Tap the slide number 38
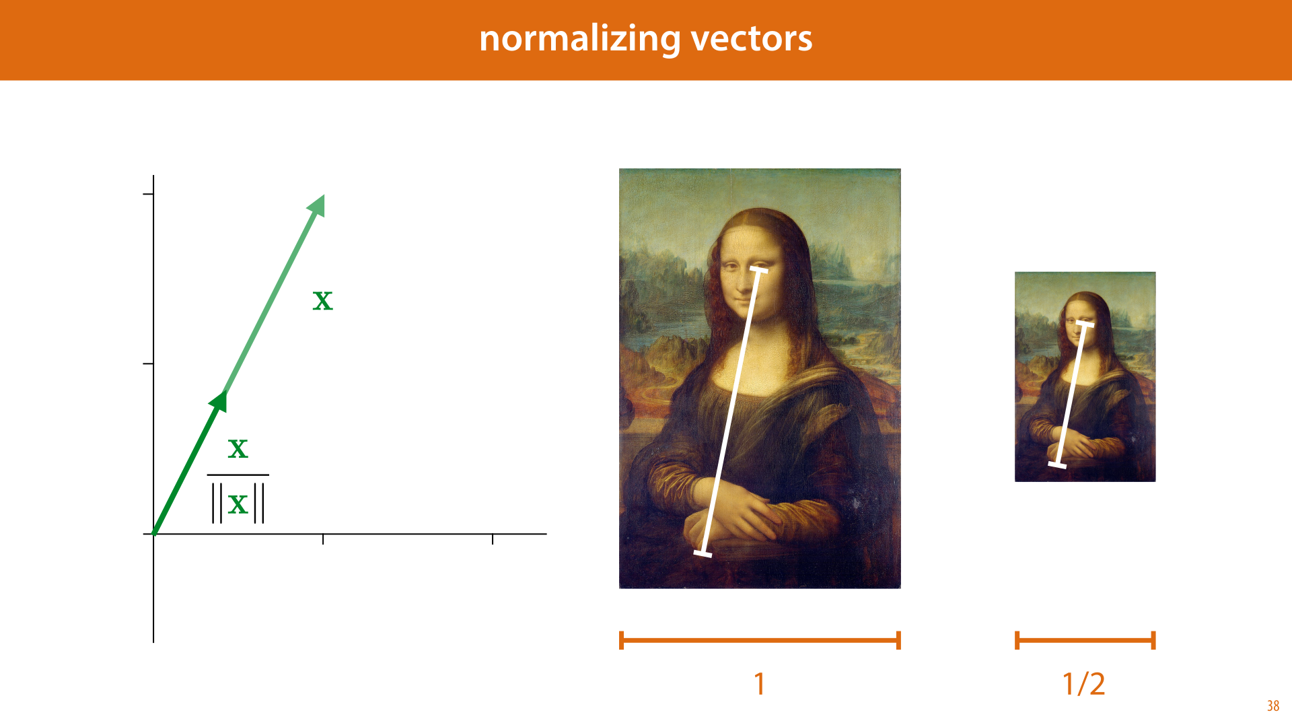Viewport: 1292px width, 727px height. pos(1273,705)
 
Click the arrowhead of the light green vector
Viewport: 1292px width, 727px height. pos(317,205)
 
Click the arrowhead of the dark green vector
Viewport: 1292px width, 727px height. pos(219,401)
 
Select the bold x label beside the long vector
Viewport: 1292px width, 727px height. pos(323,301)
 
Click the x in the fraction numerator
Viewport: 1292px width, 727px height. pos(238,449)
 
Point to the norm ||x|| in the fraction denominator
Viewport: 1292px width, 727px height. pos(238,504)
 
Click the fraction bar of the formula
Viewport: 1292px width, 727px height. pos(238,475)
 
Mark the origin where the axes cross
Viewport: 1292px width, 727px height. pos(153,534)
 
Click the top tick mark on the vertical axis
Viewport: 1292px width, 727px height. pos(148,194)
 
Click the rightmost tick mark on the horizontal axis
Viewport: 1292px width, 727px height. pos(493,539)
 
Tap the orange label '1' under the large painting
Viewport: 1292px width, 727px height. pos(760,684)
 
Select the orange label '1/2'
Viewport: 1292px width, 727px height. pos(1084,684)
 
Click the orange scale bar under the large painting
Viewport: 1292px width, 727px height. pos(760,640)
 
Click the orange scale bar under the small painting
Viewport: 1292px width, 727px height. pos(1085,640)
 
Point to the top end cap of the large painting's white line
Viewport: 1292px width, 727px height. pos(759,270)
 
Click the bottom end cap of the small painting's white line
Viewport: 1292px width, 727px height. pos(1057,464)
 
